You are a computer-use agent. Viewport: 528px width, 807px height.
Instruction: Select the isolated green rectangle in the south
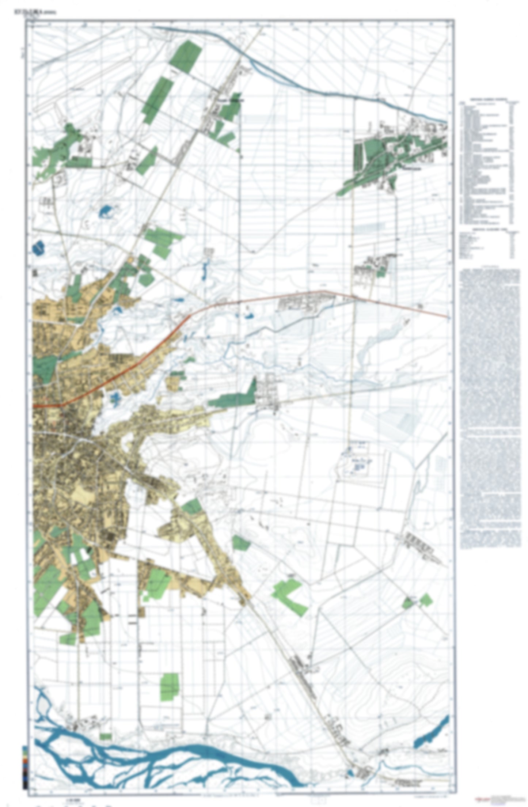click(x=170, y=687)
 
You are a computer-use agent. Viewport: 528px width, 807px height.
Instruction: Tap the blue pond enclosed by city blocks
click(x=115, y=397)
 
